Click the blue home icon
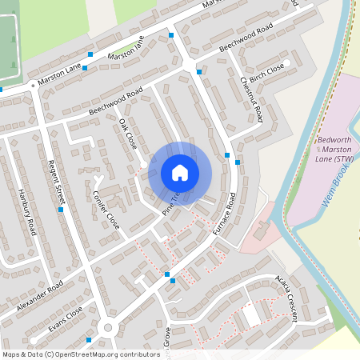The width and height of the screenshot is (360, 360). pyautogui.click(x=180, y=172)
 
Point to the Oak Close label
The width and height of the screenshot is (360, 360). pyautogui.click(x=128, y=134)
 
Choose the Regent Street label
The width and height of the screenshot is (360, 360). pyautogui.click(x=58, y=184)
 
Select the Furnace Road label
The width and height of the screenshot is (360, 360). pyautogui.click(x=225, y=212)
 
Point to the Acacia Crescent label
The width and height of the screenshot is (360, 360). pyautogui.click(x=286, y=297)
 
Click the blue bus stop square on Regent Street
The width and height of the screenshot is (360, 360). pyautogui.click(x=61, y=210)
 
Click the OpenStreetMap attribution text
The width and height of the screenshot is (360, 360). pyautogui.click(x=81, y=354)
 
